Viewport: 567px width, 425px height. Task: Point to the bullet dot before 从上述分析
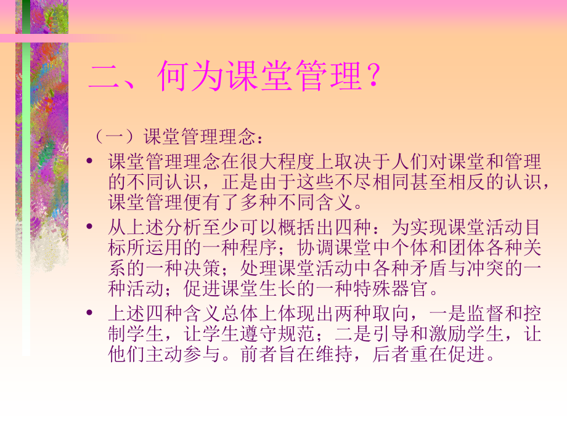pos(91,227)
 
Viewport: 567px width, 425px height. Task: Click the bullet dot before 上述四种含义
pos(91,314)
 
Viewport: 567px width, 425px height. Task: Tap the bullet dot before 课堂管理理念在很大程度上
pos(91,162)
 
